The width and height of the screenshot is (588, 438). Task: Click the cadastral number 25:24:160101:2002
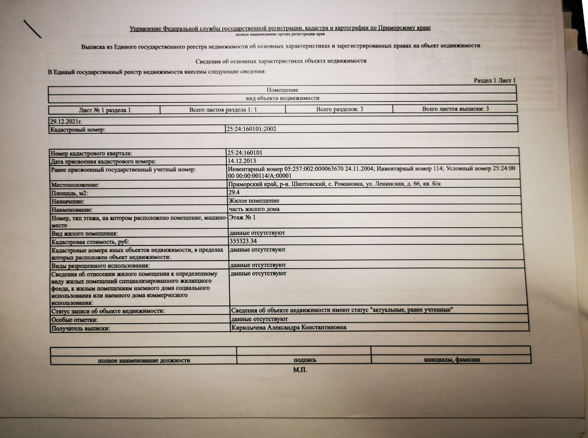point(251,129)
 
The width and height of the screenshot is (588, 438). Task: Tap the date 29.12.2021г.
point(66,121)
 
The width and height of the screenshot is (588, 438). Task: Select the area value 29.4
point(234,192)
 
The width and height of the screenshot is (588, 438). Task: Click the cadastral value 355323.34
point(243,241)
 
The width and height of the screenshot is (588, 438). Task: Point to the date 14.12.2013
point(242,161)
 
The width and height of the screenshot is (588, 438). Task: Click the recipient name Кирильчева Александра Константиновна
point(289,327)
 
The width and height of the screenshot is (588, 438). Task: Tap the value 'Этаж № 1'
point(242,217)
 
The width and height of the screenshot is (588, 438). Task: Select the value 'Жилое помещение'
point(254,201)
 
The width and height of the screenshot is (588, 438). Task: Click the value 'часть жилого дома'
point(254,209)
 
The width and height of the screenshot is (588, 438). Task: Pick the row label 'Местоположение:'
point(75,185)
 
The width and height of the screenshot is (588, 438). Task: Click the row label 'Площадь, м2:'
point(70,193)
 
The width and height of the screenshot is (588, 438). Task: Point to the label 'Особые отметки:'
point(74,320)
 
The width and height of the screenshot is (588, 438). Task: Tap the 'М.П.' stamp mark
point(300,370)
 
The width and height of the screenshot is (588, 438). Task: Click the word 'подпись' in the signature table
point(305,360)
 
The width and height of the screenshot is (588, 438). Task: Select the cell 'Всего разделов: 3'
point(339,109)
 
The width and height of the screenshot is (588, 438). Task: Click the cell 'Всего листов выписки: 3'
point(455,109)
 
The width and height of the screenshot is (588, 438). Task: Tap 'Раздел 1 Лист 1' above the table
point(494,81)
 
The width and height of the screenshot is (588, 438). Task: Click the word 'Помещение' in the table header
point(282,90)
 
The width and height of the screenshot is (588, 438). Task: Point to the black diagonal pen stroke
point(32,29)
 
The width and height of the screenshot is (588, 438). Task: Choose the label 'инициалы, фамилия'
point(452,360)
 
